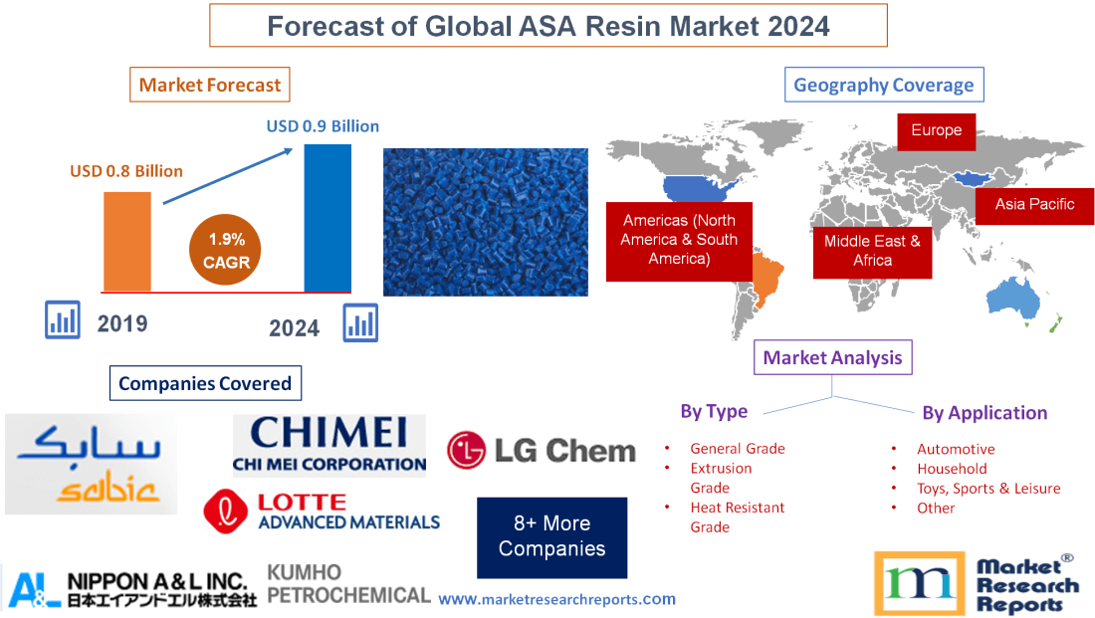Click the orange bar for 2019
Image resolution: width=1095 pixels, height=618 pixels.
[x=127, y=241]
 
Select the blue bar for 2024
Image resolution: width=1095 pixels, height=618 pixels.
[x=328, y=218]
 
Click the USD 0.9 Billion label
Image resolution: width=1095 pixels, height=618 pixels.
[x=323, y=126]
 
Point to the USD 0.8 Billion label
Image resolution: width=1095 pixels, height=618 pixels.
[x=126, y=171]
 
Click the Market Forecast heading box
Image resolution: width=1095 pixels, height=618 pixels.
[x=210, y=85]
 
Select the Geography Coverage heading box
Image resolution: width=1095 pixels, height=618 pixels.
[x=884, y=85]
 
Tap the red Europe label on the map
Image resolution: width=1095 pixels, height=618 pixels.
[x=936, y=130]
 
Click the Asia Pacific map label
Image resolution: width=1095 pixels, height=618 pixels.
[x=1034, y=204]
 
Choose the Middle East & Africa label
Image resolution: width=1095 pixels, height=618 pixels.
[x=872, y=250]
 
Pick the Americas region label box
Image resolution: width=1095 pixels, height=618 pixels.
[x=679, y=239]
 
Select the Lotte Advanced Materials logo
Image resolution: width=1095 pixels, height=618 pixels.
[x=322, y=512]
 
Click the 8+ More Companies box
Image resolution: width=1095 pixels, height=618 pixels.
[x=551, y=536]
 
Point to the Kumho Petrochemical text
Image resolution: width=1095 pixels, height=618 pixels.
[x=348, y=584]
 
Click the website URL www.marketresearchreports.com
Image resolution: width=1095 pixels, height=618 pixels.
[x=556, y=599]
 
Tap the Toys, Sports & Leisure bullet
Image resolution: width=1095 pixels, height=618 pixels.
[x=987, y=488]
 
